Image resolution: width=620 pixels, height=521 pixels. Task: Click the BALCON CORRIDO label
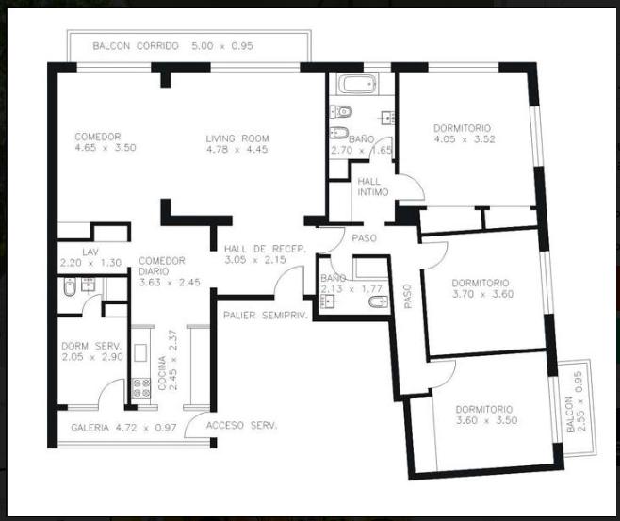136,46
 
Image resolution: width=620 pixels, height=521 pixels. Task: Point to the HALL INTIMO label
373,187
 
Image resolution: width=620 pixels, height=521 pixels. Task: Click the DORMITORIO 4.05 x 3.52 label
465,134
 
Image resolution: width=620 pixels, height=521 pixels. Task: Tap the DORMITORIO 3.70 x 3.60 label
482,288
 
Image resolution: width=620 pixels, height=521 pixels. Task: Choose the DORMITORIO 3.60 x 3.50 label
486,415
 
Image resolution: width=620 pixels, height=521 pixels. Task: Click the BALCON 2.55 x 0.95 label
575,401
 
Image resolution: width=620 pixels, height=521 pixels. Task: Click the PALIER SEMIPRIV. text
266,316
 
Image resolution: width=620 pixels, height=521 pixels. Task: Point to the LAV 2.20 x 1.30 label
90,257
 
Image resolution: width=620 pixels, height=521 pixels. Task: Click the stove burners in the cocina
140,388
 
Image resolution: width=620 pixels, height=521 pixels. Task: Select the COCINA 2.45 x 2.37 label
168,360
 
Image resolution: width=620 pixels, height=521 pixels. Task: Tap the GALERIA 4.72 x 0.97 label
123,428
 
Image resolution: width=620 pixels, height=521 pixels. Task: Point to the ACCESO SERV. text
241,425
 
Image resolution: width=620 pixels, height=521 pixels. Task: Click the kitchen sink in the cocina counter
140,352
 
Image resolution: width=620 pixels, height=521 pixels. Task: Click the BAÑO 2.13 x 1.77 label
351,284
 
